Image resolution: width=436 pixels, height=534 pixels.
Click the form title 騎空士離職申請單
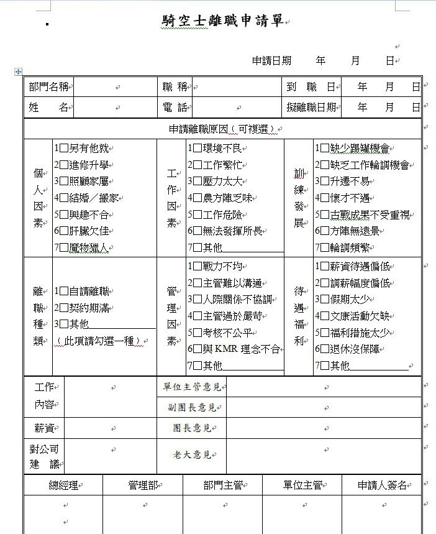[x=222, y=21]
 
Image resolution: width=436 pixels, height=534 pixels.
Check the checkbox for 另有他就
[x=65, y=149]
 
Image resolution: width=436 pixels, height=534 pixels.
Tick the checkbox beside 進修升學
[x=65, y=165]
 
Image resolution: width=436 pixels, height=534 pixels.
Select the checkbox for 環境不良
[x=198, y=149]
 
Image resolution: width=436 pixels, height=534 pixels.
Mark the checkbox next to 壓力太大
[x=198, y=182]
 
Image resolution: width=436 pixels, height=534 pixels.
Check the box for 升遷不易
[x=325, y=182]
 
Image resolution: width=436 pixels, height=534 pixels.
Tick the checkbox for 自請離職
[x=65, y=290]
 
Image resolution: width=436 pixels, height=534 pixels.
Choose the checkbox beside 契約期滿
[x=65, y=307]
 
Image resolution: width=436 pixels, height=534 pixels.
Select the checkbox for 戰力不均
[x=198, y=267]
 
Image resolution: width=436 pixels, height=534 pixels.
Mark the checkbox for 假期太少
[x=325, y=300]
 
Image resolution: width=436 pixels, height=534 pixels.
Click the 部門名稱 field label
[x=49, y=87]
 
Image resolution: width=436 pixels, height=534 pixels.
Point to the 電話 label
[x=175, y=108]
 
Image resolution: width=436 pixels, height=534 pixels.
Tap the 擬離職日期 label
[x=312, y=108]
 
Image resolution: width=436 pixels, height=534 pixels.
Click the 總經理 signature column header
[x=64, y=486]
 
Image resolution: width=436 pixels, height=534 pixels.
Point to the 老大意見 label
[x=192, y=455]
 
